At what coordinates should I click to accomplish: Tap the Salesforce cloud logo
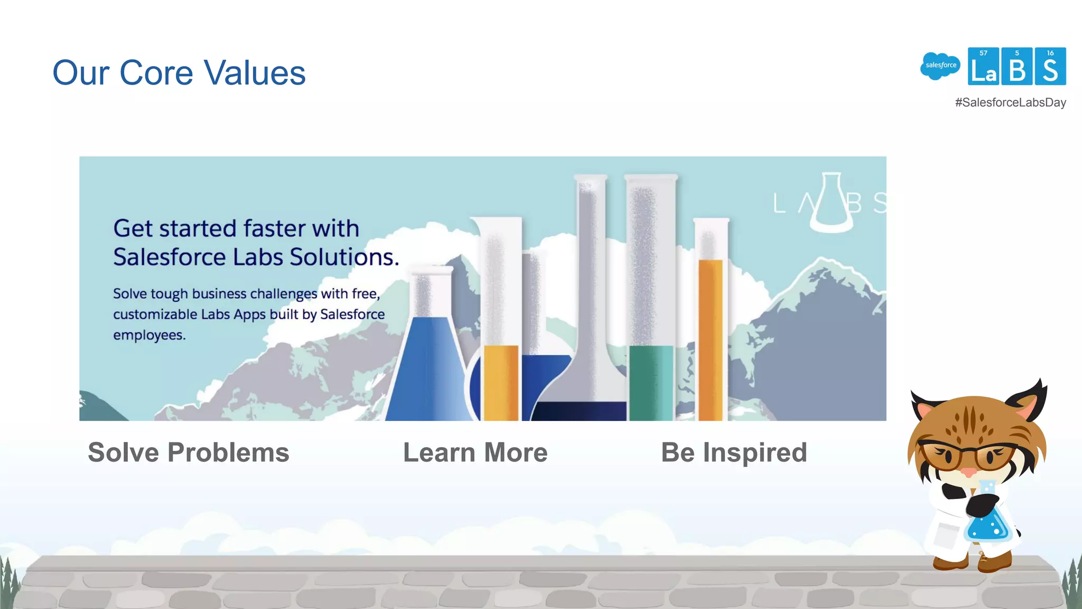[x=940, y=66]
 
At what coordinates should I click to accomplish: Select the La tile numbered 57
[x=983, y=67]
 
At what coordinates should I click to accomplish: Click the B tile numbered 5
[x=1016, y=67]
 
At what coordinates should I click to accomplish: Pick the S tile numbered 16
[x=1050, y=67]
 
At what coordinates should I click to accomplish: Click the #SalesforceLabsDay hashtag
[x=1010, y=103]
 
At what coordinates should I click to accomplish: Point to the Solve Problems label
[x=189, y=453]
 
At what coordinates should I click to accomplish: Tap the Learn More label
[x=475, y=453]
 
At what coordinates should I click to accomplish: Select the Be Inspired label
[x=734, y=453]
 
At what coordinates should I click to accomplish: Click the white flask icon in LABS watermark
[x=831, y=204]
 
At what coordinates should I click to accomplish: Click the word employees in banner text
[x=149, y=335]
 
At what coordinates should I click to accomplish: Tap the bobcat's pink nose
[x=968, y=472]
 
